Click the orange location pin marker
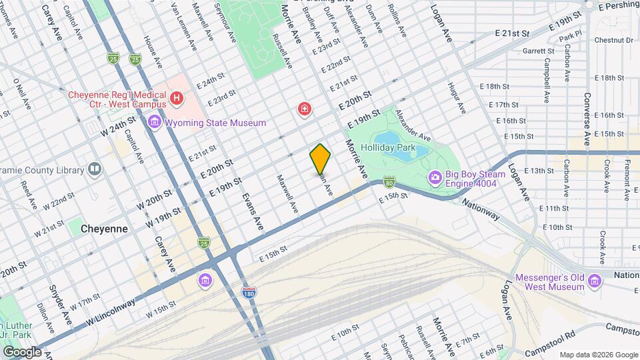coord(321,159)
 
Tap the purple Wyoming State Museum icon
coord(155,123)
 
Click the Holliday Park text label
coord(387,147)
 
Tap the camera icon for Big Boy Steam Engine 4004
coord(435,177)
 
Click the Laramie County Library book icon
coord(95,169)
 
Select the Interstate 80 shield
coord(389,181)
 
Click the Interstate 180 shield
coord(248,292)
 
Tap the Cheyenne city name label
coord(104,228)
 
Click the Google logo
coord(21,351)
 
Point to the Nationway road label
coord(480,210)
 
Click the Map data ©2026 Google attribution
coord(598,355)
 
